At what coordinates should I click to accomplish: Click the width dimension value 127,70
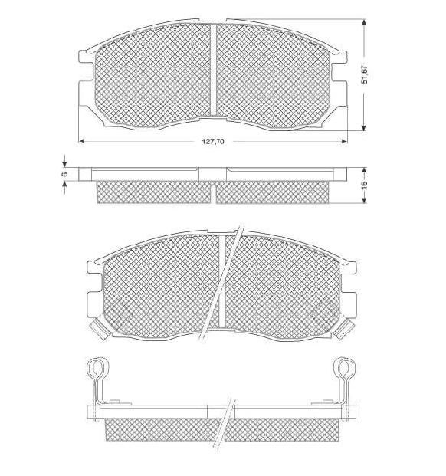(x=213, y=141)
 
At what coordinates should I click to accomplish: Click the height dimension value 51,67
(x=365, y=74)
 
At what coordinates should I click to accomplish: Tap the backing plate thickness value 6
(x=64, y=174)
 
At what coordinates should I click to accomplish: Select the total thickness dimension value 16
(x=364, y=184)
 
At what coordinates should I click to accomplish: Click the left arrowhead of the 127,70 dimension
(x=81, y=141)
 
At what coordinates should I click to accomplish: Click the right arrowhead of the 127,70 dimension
(x=344, y=141)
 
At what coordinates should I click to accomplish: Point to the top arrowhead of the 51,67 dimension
(x=364, y=22)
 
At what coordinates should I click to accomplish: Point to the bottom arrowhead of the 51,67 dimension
(x=364, y=127)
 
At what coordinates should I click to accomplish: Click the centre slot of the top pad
(x=214, y=70)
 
